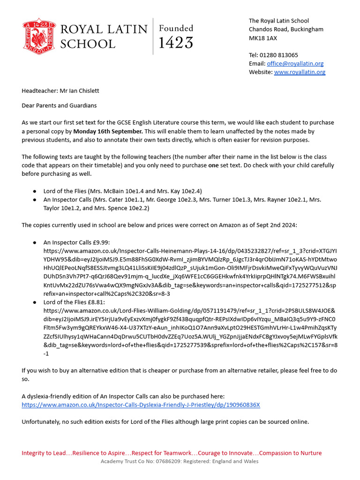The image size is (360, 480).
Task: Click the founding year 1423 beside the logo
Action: coord(176,43)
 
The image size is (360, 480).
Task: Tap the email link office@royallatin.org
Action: coord(295,63)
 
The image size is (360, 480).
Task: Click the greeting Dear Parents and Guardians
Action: coord(59,105)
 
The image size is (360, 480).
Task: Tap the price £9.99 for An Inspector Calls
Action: coord(101,242)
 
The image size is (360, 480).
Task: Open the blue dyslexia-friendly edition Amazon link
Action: coord(141,405)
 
